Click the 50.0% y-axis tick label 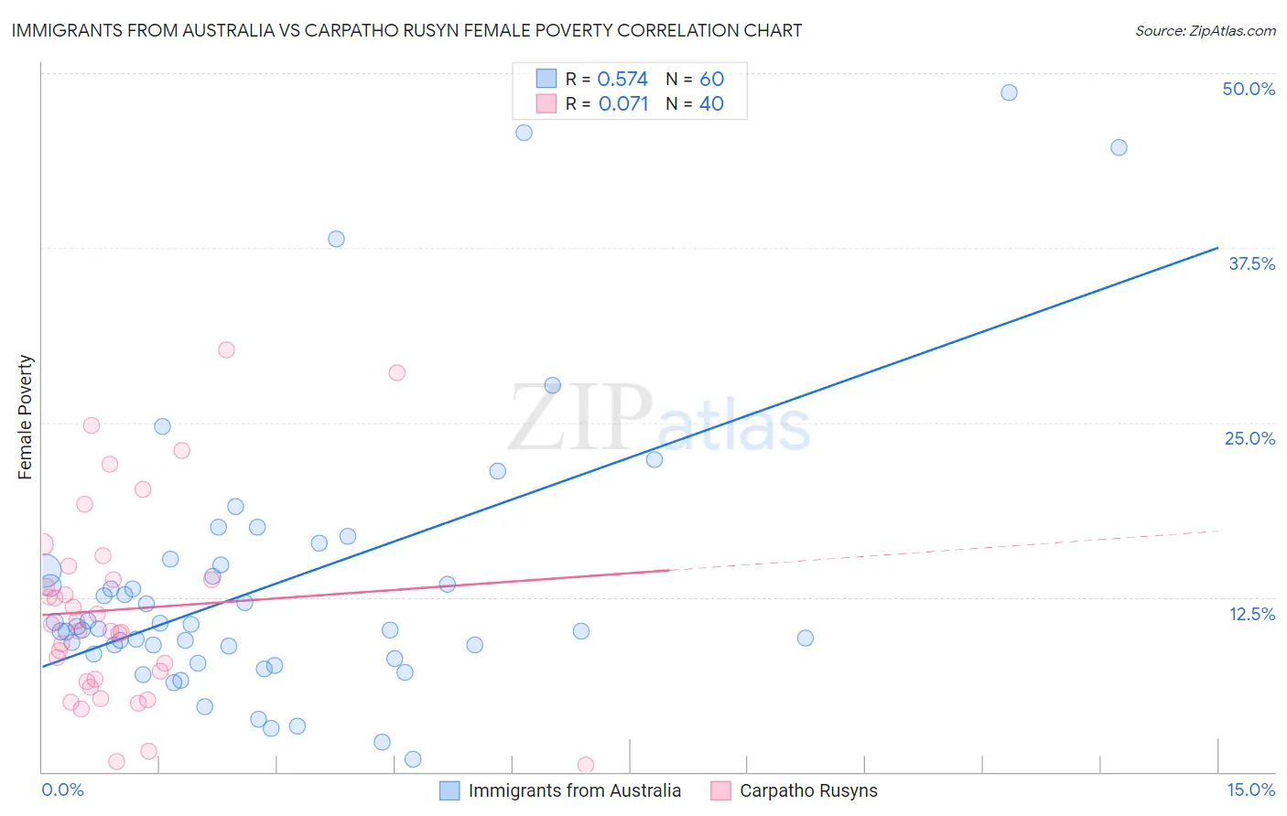pos(1249,89)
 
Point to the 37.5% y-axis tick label pos(1251,263)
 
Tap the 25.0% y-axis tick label pos(1249,438)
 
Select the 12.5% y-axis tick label pos(1251,614)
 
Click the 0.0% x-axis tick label pos(62,789)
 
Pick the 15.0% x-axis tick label pos(1250,789)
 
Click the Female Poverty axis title pos(26,417)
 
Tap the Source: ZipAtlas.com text pos(1205,30)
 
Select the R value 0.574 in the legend pos(622,79)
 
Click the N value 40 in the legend pos(711,104)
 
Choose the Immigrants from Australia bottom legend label pos(574,790)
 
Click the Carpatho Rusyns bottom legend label pos(808,790)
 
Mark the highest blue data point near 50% pos(1009,92)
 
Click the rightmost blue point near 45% pos(1119,147)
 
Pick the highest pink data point pos(226,349)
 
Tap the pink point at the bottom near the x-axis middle pos(586,765)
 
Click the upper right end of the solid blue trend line pos(1217,248)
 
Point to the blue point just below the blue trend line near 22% pos(654,459)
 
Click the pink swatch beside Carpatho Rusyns pos(721,790)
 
